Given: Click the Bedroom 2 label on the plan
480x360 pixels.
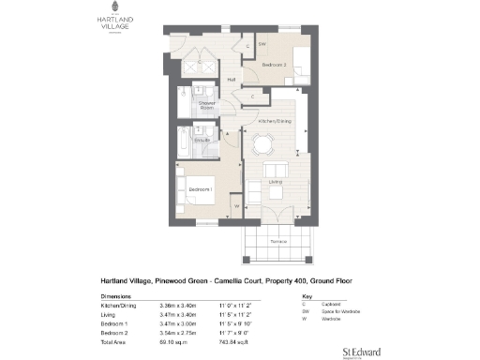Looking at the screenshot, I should click(x=273, y=67).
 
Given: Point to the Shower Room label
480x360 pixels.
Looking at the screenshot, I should click(x=207, y=105).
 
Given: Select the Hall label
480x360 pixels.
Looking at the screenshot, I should click(x=231, y=80).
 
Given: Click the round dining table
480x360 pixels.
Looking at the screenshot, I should click(x=264, y=142).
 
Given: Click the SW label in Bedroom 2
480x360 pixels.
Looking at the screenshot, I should click(x=263, y=44).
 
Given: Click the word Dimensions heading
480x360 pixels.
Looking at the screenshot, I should click(x=117, y=295).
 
